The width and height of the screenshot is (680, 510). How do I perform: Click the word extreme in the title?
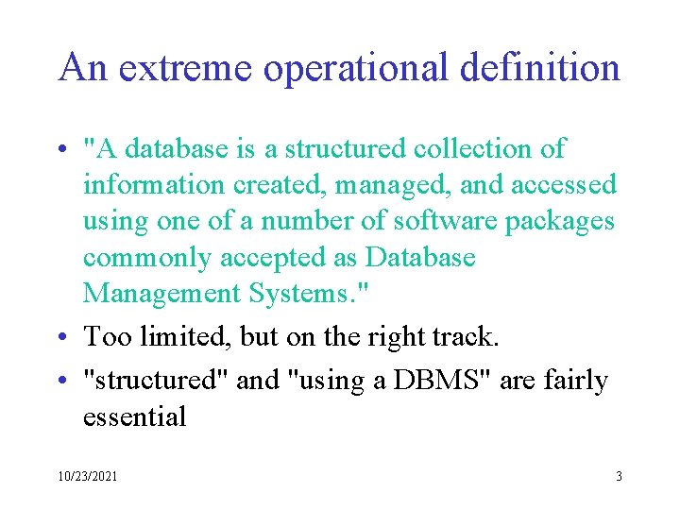pyautogui.click(x=178, y=68)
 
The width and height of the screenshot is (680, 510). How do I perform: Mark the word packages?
pyautogui.click(x=560, y=221)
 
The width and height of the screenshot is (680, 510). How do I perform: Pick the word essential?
pyautogui.click(x=135, y=416)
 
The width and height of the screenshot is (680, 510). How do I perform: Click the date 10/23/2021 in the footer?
pyautogui.click(x=87, y=477)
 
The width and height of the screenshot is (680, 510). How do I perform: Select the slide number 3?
pyautogui.click(x=619, y=477)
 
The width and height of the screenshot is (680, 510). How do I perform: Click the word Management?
pyautogui.click(x=162, y=294)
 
